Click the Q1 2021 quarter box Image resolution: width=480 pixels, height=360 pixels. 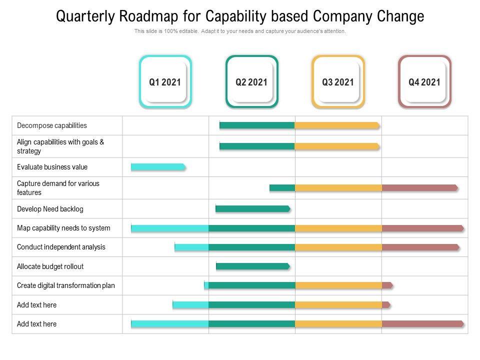(x=165, y=82)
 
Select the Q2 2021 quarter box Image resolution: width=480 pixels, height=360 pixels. (x=251, y=82)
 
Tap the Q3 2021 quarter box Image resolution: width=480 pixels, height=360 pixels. (x=338, y=82)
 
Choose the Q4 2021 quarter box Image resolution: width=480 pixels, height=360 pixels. (x=424, y=82)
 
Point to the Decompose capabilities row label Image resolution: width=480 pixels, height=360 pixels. (x=52, y=125)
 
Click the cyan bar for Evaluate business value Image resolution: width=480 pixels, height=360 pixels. (x=158, y=167)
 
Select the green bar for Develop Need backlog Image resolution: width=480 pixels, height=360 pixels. (x=252, y=208)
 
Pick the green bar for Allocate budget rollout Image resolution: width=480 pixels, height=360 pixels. (x=252, y=266)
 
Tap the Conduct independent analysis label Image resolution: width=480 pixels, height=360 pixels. (x=61, y=247)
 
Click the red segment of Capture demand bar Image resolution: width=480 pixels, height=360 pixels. (x=419, y=188)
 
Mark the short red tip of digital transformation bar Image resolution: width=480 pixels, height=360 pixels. (x=387, y=285)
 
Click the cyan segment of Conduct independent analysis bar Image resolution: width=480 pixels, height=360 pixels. (x=191, y=247)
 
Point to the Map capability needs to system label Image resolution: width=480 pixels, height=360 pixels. (x=63, y=228)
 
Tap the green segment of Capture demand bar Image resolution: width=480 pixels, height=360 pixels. (x=282, y=188)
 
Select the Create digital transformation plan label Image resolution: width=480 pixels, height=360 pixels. (x=66, y=285)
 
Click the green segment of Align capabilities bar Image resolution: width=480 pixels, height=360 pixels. (x=257, y=146)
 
